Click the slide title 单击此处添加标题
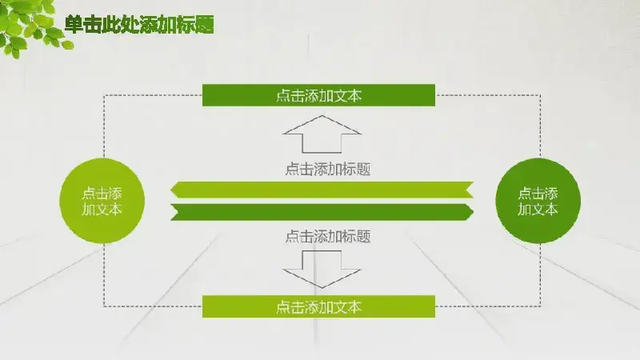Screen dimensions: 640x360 [x=139, y=25]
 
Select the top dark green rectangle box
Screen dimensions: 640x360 [x=318, y=95]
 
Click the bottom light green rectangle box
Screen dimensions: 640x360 [x=318, y=306]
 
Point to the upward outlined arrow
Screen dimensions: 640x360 [x=322, y=134]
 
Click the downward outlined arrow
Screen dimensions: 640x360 [x=322, y=270]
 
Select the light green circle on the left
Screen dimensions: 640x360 [x=102, y=201]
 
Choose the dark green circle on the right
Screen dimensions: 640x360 [x=538, y=201]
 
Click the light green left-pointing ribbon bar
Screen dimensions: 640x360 [x=322, y=190]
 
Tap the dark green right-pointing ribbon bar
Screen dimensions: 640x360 [x=322, y=212]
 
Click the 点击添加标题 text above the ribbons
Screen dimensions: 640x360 [x=328, y=169]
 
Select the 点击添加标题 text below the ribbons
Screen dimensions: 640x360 [x=328, y=236]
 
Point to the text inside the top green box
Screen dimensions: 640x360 [x=318, y=96]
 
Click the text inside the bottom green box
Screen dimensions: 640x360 [x=318, y=307]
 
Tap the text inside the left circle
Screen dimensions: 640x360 [x=102, y=202]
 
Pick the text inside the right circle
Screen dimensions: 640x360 [x=538, y=202]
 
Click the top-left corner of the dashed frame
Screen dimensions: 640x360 [x=104, y=95]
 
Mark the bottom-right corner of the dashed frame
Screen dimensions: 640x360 [x=541, y=306]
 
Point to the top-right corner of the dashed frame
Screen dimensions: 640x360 [x=541, y=95]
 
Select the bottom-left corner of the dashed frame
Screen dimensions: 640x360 [x=104, y=306]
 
